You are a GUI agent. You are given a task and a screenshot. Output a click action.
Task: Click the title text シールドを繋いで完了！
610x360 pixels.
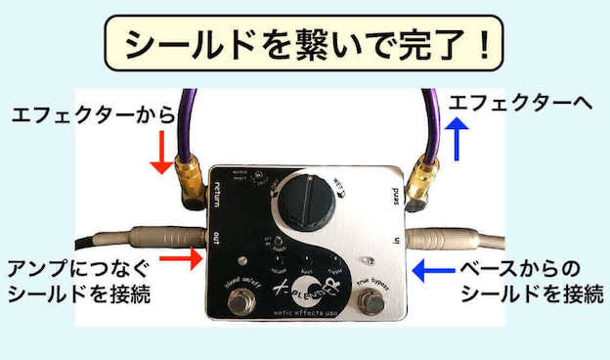pyautogui.click(x=304, y=43)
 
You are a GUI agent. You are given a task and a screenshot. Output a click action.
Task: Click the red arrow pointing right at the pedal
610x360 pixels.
pyautogui.click(x=182, y=258)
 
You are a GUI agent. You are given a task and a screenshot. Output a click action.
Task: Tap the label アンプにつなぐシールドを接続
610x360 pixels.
pyautogui.click(x=78, y=282)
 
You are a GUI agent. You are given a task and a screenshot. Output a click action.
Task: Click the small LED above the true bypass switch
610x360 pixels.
pyautogui.click(x=369, y=262)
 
